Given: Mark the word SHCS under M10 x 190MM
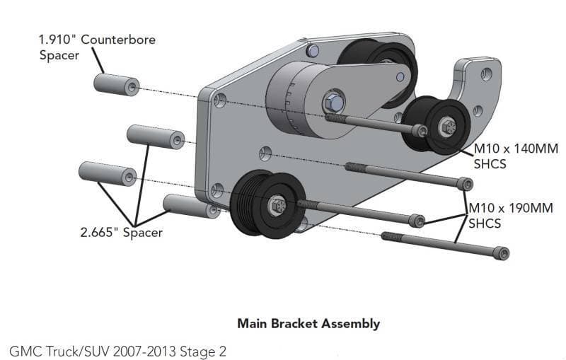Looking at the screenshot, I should [x=485, y=223].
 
